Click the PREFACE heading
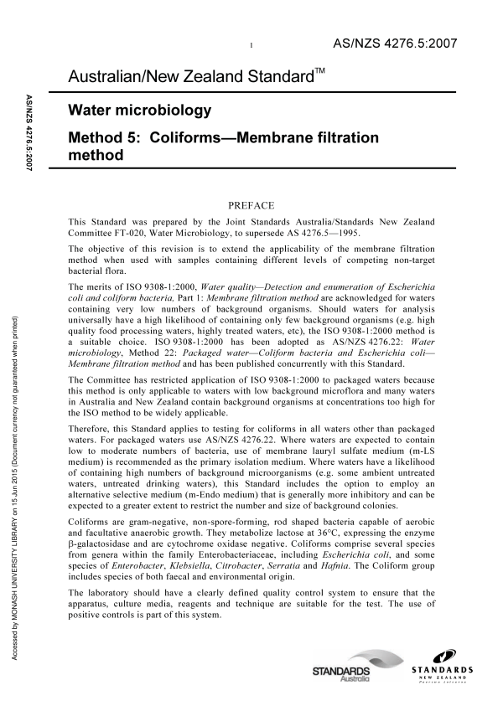coord(251,204)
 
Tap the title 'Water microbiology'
coord(140,110)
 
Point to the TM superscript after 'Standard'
coord(319,74)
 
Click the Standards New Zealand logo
coord(442,674)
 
